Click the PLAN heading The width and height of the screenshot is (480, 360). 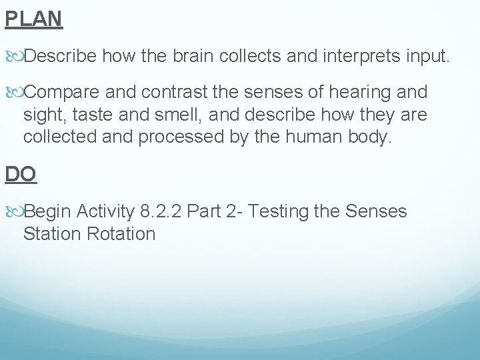point(33,18)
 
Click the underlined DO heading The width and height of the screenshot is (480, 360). point(21,174)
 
